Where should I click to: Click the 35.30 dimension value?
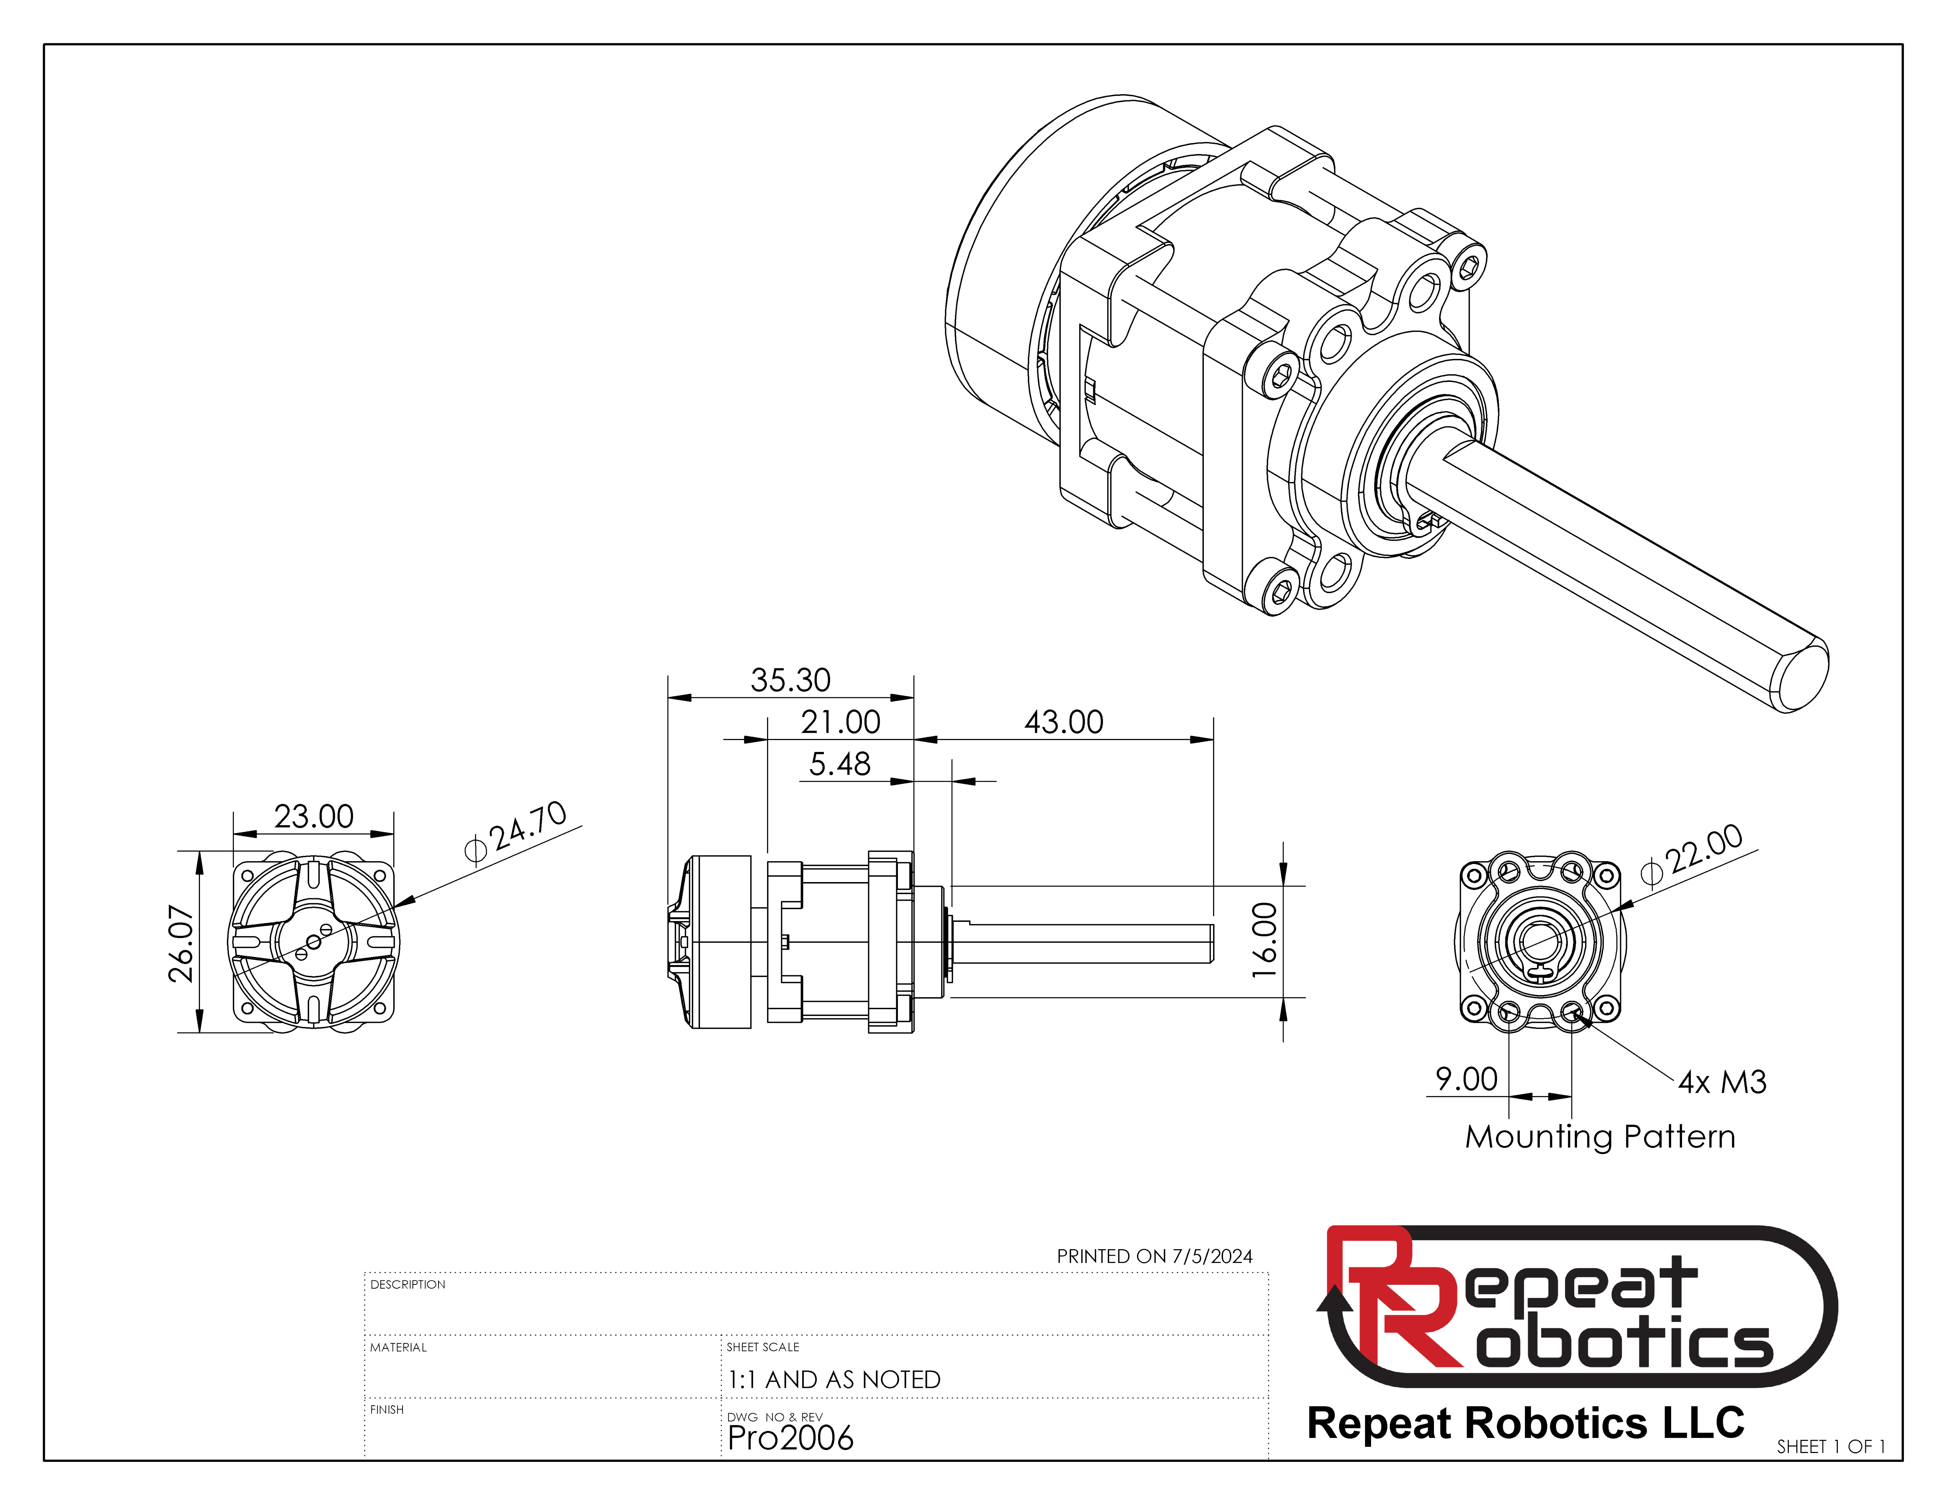tap(790, 680)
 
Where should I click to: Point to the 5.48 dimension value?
tap(839, 764)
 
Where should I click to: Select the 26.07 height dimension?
tap(181, 943)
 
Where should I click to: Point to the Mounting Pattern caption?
tap(1600, 1137)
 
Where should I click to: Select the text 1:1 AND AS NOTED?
tap(833, 1379)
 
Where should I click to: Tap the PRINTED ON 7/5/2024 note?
tap(1155, 1256)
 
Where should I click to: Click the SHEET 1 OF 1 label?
tap(1830, 1446)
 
